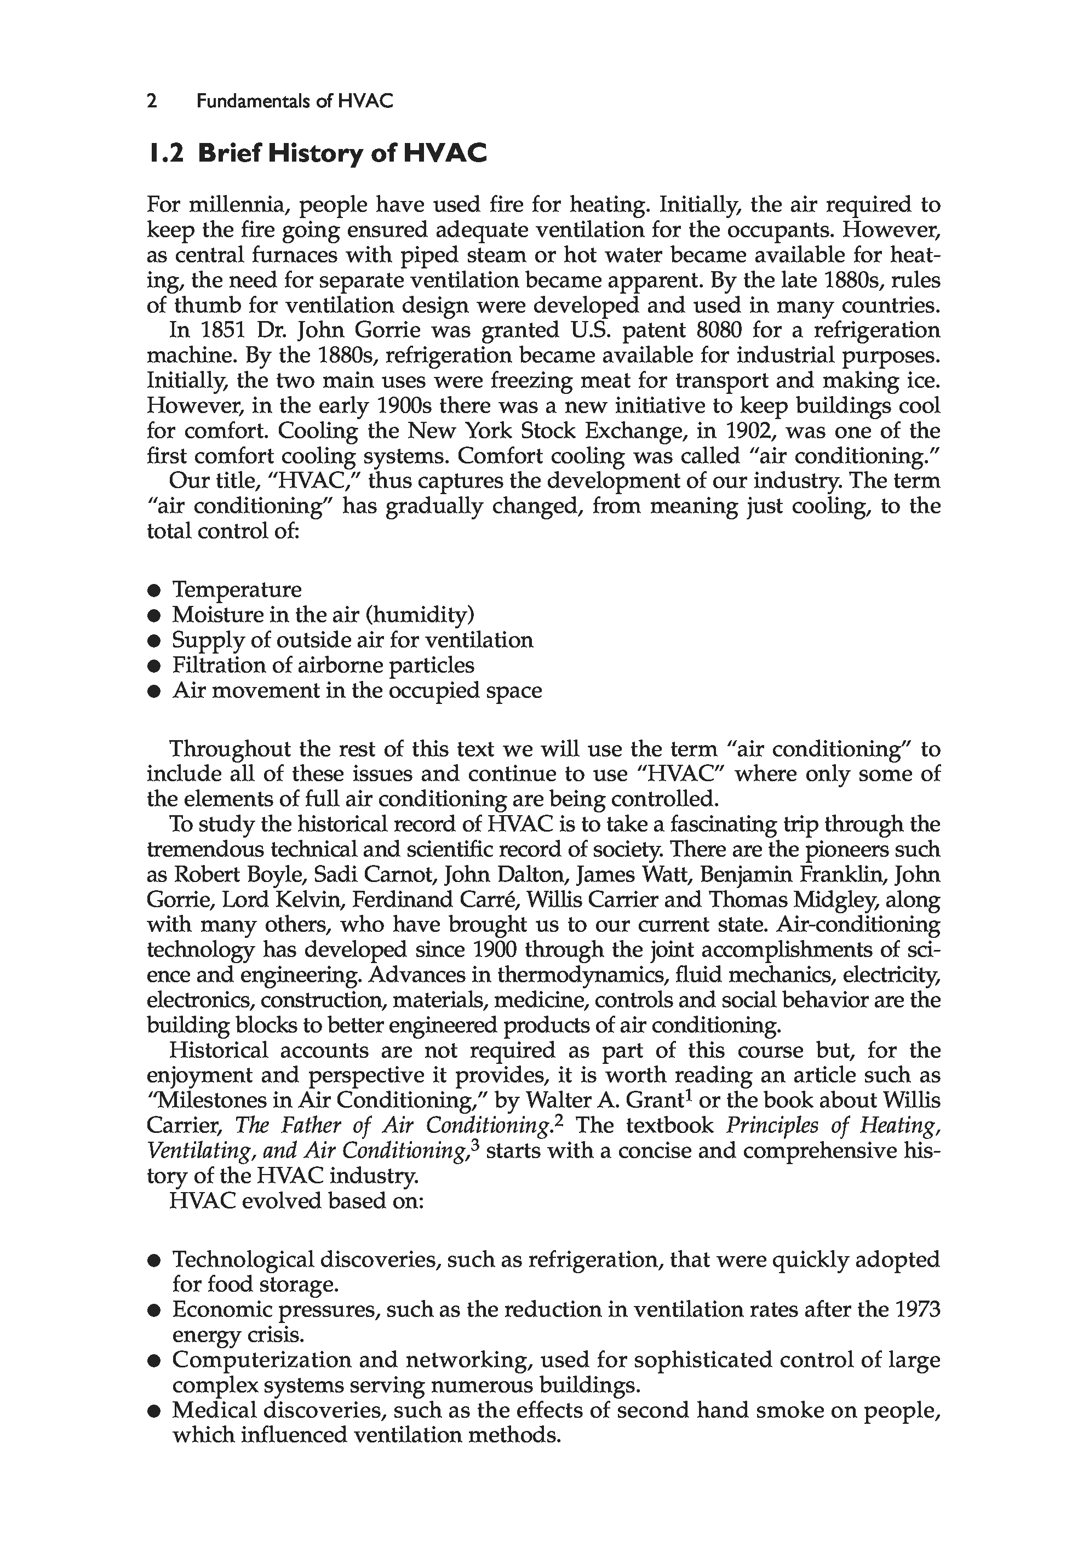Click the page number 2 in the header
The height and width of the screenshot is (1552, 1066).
152,101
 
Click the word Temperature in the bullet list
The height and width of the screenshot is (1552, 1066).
237,589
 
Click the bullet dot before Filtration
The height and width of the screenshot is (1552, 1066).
155,666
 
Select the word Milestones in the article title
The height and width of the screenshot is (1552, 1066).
219,1101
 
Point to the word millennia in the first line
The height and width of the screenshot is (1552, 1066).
237,204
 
